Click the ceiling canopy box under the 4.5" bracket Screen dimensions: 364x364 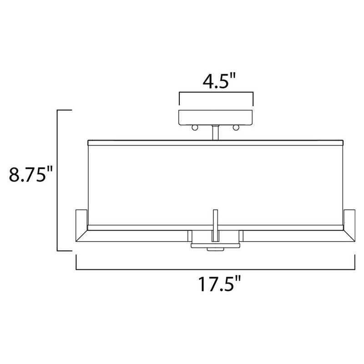(x=216, y=117)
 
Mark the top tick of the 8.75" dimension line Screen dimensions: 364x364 (x=64, y=110)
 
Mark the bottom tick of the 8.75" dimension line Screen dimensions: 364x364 (x=64, y=251)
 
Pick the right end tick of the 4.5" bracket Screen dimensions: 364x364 (x=253, y=98)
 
